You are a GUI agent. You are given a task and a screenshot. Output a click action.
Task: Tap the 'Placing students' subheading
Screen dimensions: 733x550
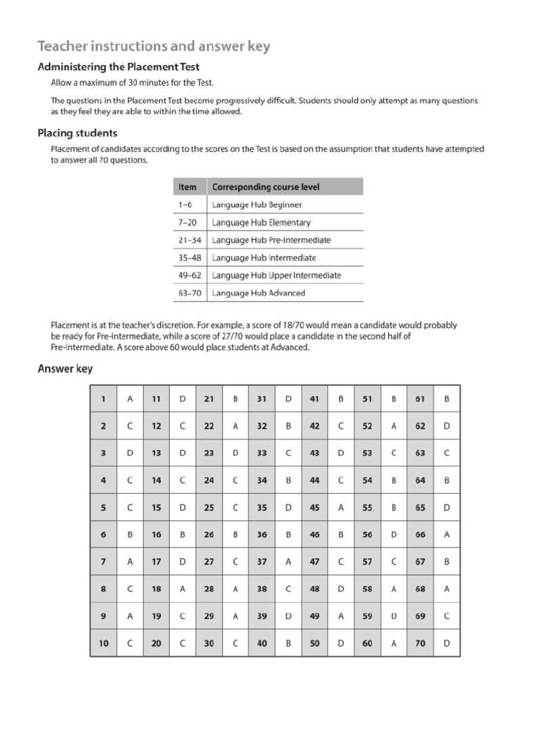pyautogui.click(x=77, y=133)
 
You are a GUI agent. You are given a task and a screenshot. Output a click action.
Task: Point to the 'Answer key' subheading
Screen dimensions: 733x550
pyautogui.click(x=64, y=369)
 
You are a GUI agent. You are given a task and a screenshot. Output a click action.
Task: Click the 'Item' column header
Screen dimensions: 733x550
pyautogui.click(x=187, y=187)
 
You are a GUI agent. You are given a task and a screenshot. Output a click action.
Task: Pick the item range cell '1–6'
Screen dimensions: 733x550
pyautogui.click(x=185, y=205)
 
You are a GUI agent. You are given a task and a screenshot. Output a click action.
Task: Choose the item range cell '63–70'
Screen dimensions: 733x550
pyautogui.click(x=188, y=293)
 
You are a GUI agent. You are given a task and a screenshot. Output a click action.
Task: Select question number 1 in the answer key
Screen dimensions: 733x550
pyautogui.click(x=103, y=399)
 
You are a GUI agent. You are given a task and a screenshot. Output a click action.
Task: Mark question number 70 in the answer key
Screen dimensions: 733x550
pyautogui.click(x=420, y=644)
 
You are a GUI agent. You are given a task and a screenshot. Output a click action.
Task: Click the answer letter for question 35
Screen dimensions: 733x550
pyautogui.click(x=288, y=508)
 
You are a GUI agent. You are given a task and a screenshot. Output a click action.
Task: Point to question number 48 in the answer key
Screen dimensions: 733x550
pyautogui.click(x=314, y=589)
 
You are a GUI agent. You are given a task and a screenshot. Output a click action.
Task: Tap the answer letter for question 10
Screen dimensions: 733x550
pyautogui.click(x=130, y=644)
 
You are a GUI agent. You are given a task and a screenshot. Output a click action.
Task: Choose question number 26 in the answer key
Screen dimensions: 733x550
pyautogui.click(x=209, y=535)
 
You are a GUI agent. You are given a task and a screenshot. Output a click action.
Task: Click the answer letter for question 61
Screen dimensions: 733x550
pyautogui.click(x=446, y=399)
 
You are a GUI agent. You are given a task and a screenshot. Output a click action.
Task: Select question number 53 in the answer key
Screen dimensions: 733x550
pyautogui.click(x=367, y=453)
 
